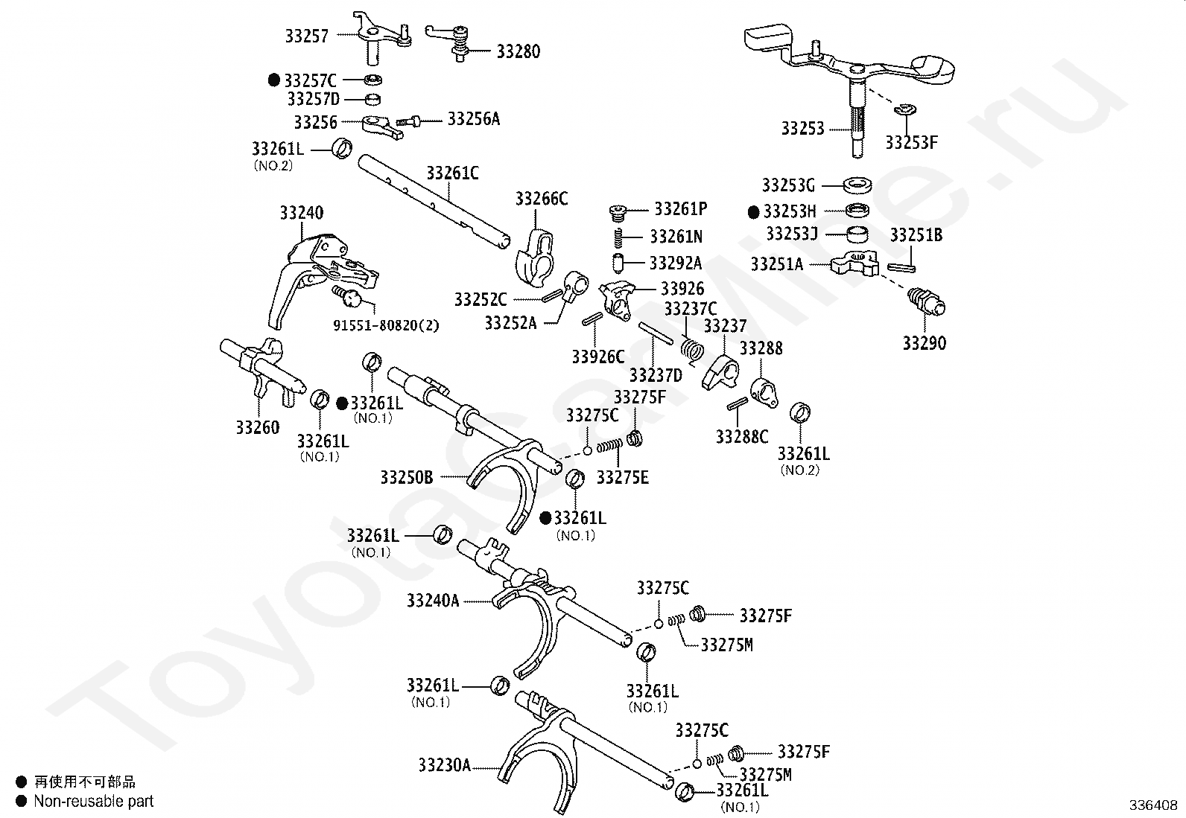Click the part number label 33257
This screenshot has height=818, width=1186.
306,36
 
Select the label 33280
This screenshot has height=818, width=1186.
519,52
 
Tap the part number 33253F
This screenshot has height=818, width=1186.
911,142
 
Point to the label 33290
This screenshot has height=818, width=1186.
924,343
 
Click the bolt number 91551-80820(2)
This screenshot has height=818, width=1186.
386,325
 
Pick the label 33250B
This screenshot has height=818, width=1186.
406,477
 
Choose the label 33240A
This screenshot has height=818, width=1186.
433,601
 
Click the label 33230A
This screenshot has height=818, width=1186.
444,764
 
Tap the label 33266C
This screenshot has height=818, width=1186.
542,199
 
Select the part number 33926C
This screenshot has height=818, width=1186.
598,357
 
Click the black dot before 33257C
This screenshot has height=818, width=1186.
274,80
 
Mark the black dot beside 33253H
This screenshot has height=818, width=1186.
754,212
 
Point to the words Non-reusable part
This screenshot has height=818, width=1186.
94,801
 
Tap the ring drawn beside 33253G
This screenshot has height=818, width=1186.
859,185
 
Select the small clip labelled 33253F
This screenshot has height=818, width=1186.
904,110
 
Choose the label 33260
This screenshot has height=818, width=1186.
258,427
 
